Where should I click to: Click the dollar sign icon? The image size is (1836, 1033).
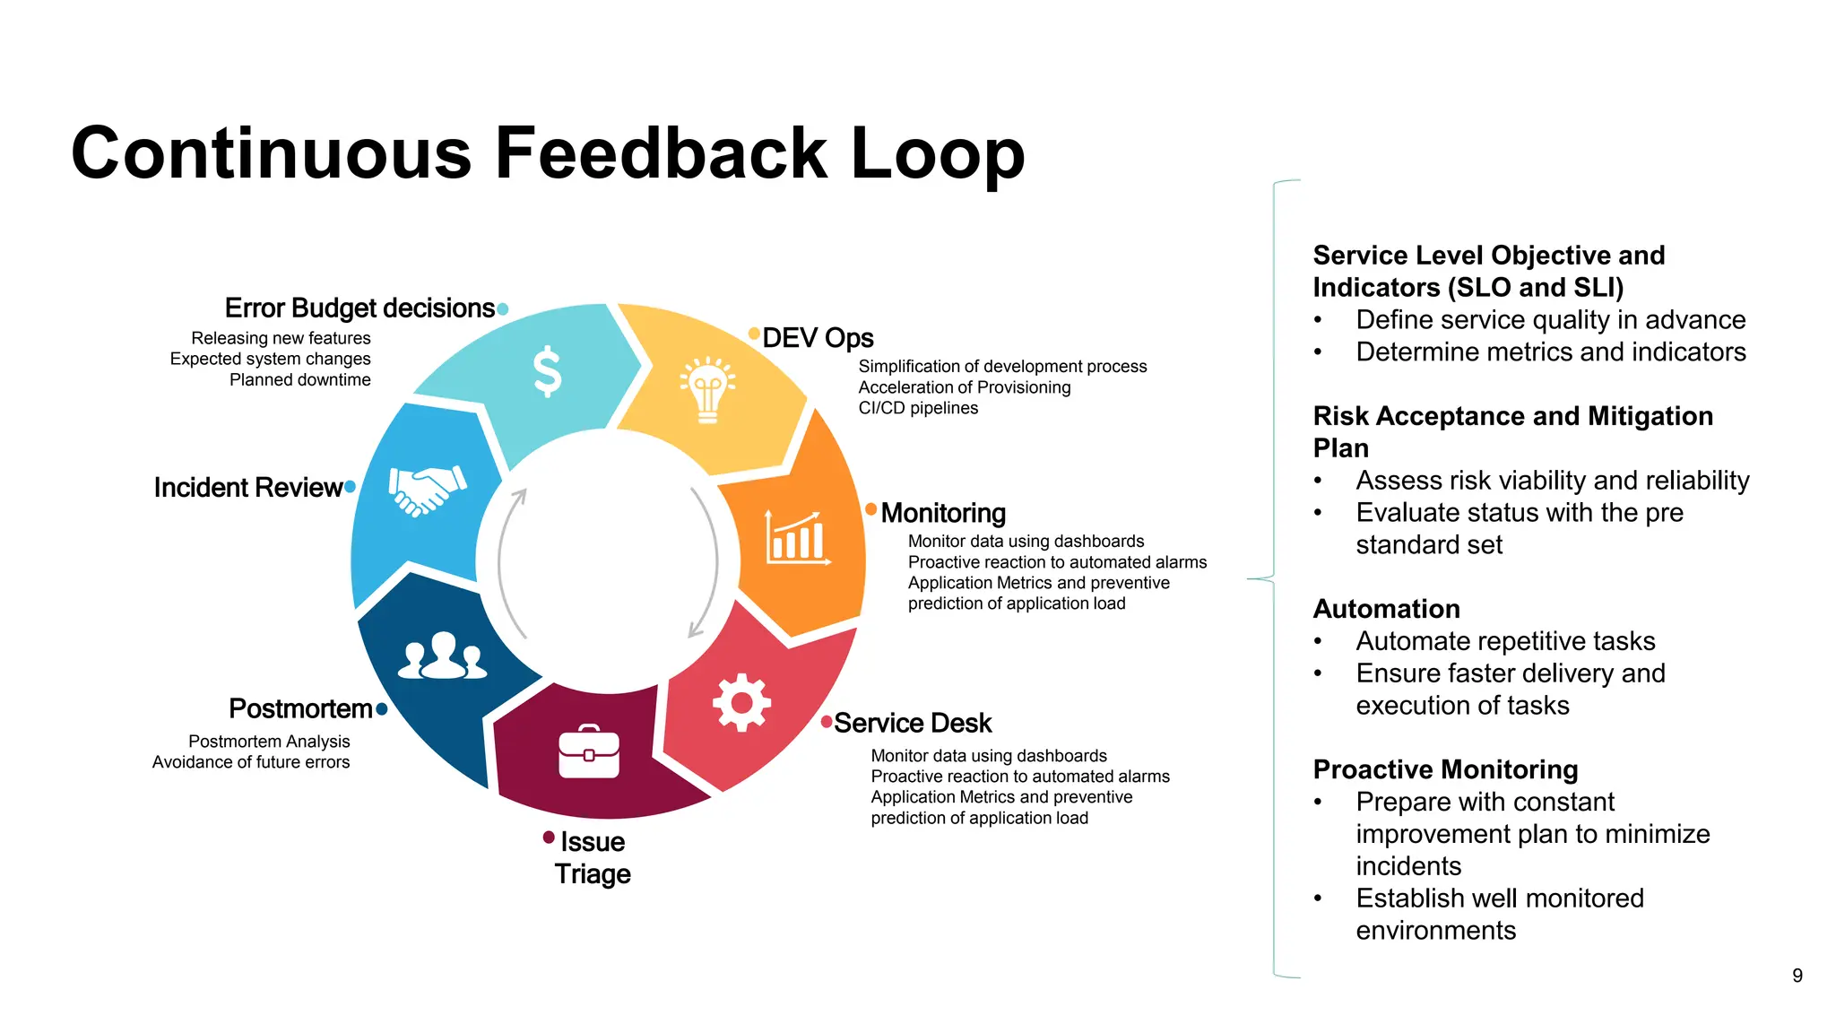(x=547, y=372)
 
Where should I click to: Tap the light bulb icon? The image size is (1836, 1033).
(x=707, y=391)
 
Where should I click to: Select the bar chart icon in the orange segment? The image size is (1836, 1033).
(x=796, y=538)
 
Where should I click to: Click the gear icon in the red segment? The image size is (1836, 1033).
(x=741, y=702)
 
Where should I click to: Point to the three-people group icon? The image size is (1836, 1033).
(x=443, y=655)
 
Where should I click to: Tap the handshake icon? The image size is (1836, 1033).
(x=427, y=490)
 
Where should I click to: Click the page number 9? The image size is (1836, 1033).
(x=1797, y=976)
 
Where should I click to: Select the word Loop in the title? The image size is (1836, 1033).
(x=937, y=153)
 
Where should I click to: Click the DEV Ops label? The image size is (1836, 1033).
(x=818, y=338)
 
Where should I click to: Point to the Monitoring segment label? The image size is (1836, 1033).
(x=943, y=513)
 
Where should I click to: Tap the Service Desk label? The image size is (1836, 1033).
(x=913, y=723)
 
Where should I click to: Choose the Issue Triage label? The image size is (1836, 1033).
(x=593, y=857)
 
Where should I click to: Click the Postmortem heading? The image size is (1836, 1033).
(x=300, y=708)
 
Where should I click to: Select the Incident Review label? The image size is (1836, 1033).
(x=248, y=487)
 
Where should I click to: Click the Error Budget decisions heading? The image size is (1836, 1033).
(x=359, y=308)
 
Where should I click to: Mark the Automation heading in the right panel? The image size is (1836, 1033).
(x=1386, y=609)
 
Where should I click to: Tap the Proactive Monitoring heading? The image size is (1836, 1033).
(x=1445, y=769)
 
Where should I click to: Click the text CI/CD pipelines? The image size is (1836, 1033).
(x=918, y=408)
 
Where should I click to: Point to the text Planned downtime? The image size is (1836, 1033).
(x=299, y=379)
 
